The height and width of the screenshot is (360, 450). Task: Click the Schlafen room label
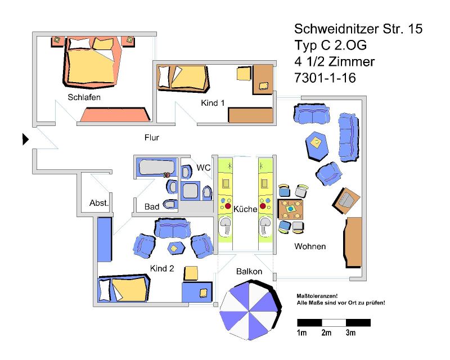click(84, 97)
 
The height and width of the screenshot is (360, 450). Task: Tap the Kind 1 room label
click(213, 103)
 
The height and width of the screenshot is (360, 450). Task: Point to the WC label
click(203, 168)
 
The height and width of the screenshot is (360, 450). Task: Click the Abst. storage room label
click(99, 202)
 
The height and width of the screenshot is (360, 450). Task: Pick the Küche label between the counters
click(245, 209)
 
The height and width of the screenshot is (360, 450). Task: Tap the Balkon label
click(249, 271)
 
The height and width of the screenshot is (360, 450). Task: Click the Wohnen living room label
click(310, 246)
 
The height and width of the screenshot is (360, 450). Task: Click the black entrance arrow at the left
click(25, 139)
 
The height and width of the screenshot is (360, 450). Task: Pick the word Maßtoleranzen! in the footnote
click(316, 296)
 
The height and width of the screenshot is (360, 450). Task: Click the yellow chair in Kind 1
click(244, 74)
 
